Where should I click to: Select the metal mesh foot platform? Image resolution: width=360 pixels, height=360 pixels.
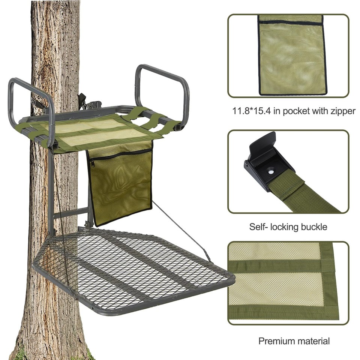click(x=131, y=270)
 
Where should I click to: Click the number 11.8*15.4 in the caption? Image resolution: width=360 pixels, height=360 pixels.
click(x=249, y=111)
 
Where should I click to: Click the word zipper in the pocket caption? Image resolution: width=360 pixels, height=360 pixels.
click(x=340, y=111)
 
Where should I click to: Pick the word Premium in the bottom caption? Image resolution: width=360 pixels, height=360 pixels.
click(x=276, y=341)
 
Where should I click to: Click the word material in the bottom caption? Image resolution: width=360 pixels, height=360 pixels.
click(x=313, y=341)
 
